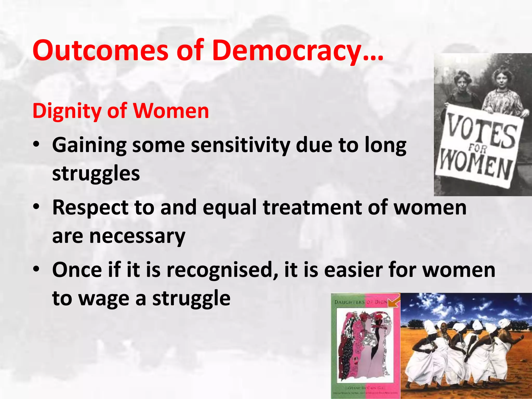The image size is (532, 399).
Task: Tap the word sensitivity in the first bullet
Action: tap(241, 145)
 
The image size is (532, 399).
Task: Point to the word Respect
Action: tap(90, 208)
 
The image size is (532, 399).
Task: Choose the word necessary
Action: tap(137, 236)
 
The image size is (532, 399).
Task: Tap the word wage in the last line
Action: tap(104, 299)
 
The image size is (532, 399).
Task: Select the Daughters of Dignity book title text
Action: tap(361, 302)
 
